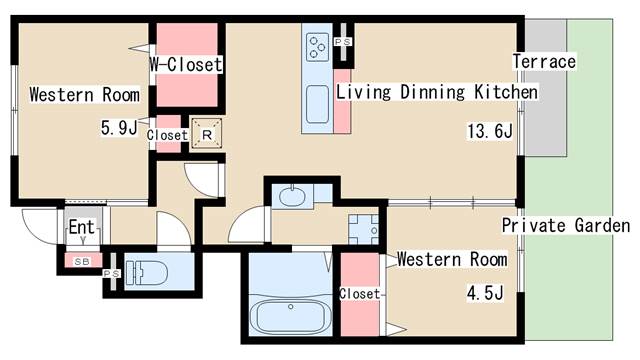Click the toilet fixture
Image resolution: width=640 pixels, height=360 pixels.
coord(147,272)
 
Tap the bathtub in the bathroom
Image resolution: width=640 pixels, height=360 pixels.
coord(290,316)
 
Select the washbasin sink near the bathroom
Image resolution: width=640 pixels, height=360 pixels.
coord(291,197)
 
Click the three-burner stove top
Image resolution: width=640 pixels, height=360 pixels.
coord(318,47)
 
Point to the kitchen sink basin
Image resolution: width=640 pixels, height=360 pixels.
coord(317,104)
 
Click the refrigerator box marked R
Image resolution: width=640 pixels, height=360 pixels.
coord(207,133)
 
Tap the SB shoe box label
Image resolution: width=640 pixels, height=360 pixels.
coord(82,262)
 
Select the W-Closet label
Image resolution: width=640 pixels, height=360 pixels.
coord(186,64)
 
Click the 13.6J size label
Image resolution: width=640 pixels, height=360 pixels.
coord(490,131)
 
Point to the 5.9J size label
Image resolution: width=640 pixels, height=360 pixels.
coord(119,128)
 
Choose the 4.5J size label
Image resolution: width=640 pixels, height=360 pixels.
coord(485,293)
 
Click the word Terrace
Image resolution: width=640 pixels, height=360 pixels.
coord(544,62)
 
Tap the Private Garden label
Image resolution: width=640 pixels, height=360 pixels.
coord(566,225)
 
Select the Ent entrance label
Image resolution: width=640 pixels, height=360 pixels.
coord(82,227)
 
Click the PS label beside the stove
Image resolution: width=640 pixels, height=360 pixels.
coord(343,42)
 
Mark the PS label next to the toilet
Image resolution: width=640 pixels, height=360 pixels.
coord(111,273)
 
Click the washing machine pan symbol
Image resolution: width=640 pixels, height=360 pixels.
coord(363,229)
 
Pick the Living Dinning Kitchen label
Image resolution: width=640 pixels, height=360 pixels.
coord(437,92)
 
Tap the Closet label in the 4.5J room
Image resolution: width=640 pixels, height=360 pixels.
coord(360,293)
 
